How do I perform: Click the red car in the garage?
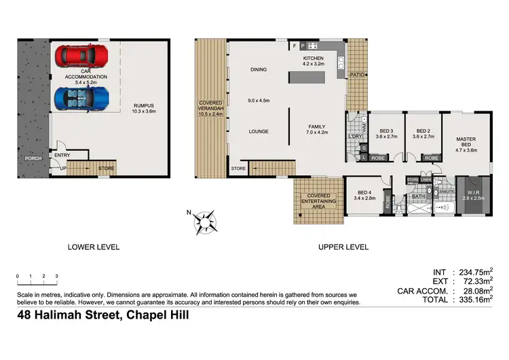[x=81, y=54]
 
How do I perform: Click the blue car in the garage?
[x=81, y=97]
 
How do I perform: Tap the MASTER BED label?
[x=464, y=141]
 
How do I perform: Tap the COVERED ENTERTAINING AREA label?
[x=319, y=200]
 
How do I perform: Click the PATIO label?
[x=357, y=75]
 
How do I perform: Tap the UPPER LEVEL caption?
[x=343, y=247]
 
